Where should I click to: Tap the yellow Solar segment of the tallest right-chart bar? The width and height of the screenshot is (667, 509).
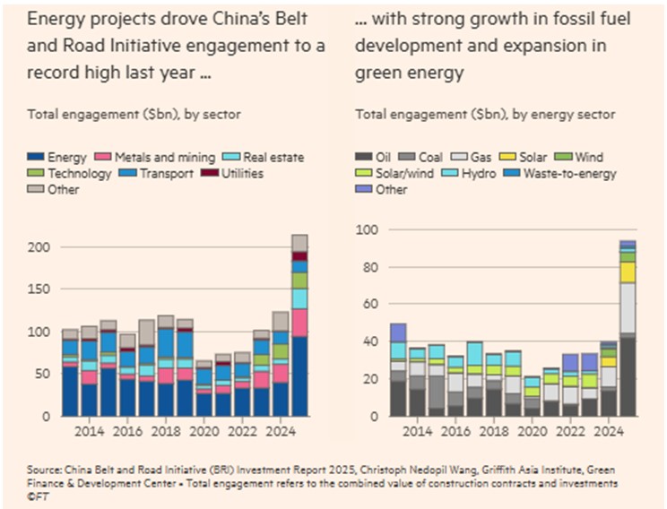coord(628,272)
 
